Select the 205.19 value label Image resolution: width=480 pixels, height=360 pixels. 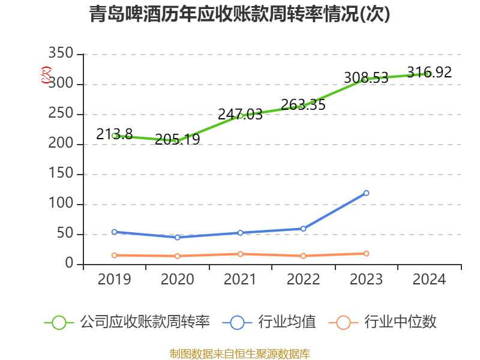(x=178, y=140)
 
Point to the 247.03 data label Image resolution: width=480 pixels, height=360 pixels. (x=240, y=114)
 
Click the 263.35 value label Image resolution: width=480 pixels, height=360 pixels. (x=303, y=104)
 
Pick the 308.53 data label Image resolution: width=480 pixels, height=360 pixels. (x=366, y=77)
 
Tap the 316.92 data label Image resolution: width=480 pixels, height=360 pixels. (x=429, y=73)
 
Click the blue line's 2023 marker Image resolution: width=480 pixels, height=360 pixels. (x=366, y=193)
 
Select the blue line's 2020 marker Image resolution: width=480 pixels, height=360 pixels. (x=178, y=237)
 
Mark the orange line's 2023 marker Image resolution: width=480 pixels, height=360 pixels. (x=366, y=253)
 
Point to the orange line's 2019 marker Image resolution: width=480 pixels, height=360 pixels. (x=115, y=255)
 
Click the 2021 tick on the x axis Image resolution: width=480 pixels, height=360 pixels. (x=240, y=279)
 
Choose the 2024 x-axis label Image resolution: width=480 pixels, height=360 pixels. (x=429, y=279)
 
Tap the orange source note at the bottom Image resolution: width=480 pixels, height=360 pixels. (x=240, y=353)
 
